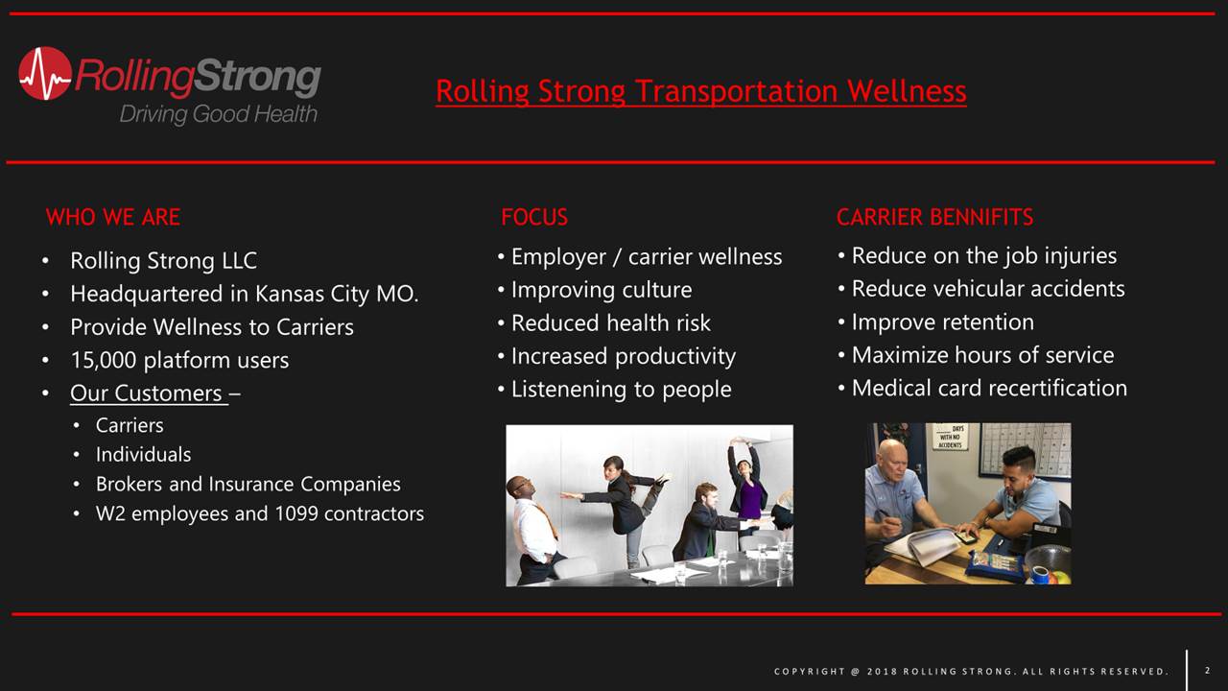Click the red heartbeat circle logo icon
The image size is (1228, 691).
[x=45, y=74]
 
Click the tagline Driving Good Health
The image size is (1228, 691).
[x=218, y=114]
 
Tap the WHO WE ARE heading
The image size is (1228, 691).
[x=113, y=217]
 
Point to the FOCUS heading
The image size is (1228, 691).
[x=534, y=217]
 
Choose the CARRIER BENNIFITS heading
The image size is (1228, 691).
[x=934, y=217]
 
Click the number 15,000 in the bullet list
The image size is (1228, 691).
[x=104, y=360]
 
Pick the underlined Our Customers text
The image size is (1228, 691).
[x=147, y=393]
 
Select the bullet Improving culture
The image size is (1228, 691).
[x=602, y=290]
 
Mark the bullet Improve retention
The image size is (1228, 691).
[x=942, y=322]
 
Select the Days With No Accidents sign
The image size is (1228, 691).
[x=950, y=437]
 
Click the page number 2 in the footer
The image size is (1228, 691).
[x=1207, y=670]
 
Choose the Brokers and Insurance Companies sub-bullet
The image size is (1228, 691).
[x=248, y=485]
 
